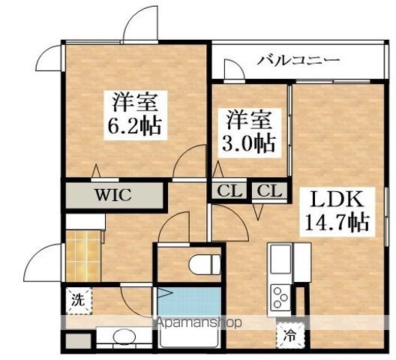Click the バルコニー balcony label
(298, 61)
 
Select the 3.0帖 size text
(249, 144)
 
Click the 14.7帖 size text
(337, 222)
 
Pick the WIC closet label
(113, 195)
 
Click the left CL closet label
(229, 190)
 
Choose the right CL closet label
(269, 190)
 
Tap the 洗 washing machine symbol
(78, 301)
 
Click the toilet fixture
(204, 264)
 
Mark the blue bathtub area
(189, 302)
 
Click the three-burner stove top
(280, 297)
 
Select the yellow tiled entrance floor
(83, 256)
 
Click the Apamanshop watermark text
(199, 322)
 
